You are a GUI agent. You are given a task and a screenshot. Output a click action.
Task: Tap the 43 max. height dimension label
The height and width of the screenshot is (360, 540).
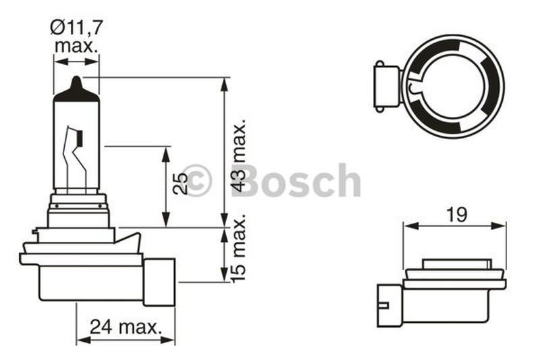click(239, 156)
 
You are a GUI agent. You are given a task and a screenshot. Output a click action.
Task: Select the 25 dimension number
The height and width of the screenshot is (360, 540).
click(180, 183)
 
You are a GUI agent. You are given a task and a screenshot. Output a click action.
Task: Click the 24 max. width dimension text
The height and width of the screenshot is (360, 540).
click(126, 327)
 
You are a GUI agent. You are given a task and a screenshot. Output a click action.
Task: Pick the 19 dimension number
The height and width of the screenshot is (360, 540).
click(457, 215)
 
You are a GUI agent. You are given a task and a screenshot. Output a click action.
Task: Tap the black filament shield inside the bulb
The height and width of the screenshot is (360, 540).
click(80, 138)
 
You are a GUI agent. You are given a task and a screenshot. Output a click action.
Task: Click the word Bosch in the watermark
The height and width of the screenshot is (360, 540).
click(296, 181)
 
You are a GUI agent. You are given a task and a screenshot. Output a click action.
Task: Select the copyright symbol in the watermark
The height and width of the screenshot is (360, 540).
click(196, 180)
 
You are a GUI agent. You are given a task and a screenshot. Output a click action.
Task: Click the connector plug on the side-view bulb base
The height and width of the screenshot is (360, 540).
click(159, 282)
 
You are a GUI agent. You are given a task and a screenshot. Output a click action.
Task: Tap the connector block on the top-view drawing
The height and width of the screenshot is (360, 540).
click(387, 86)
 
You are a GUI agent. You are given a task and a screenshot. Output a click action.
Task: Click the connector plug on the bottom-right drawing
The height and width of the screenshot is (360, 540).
click(390, 305)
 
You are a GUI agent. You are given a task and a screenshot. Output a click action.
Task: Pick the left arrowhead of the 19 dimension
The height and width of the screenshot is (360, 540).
click(411, 226)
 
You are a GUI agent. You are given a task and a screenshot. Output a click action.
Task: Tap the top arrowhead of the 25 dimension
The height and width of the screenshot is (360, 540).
click(166, 154)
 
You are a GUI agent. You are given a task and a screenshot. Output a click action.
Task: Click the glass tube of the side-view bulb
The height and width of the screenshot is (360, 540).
click(76, 145)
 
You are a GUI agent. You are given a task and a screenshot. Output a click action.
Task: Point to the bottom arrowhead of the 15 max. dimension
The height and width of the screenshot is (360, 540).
click(224, 275)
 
